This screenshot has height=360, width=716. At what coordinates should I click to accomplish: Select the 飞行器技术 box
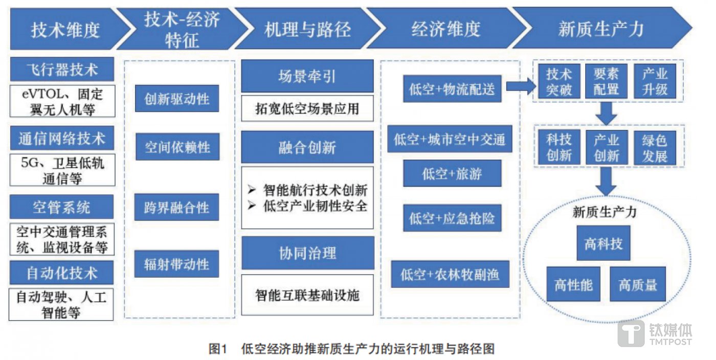(62, 69)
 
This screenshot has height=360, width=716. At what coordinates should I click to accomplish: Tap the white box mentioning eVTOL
(62, 101)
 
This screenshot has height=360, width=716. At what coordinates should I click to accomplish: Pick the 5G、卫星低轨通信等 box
(62, 170)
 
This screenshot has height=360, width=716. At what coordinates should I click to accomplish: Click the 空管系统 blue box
(62, 207)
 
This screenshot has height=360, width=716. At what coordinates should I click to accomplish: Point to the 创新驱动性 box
(177, 98)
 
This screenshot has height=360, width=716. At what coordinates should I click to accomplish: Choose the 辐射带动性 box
(177, 264)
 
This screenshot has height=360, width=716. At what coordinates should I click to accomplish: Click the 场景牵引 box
(307, 77)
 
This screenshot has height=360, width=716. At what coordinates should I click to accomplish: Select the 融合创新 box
(307, 147)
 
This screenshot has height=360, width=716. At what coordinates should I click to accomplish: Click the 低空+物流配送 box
(452, 88)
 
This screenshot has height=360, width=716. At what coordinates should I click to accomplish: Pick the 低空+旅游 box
(452, 173)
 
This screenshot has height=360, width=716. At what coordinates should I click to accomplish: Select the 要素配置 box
(606, 81)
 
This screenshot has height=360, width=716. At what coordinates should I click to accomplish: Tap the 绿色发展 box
(655, 148)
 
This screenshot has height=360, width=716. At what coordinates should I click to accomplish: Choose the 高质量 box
(638, 284)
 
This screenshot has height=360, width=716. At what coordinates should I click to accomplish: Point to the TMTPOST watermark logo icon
(631, 334)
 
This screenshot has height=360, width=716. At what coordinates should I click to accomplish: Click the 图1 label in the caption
(218, 349)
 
